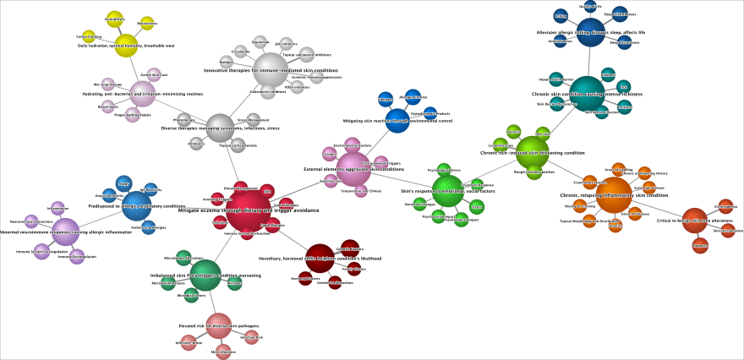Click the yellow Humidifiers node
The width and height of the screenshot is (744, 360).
[x=115, y=19]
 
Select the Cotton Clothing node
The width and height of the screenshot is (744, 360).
[x=89, y=38]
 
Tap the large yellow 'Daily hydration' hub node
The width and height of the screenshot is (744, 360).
[x=126, y=46]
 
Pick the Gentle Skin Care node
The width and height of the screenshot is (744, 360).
[x=154, y=74]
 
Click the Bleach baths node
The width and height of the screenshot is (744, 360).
[x=108, y=106]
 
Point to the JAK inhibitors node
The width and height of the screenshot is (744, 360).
[x=287, y=44]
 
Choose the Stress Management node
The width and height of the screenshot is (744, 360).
[x=260, y=120]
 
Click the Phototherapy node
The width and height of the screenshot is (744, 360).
[x=183, y=120]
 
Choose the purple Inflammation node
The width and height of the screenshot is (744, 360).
[x=58, y=207]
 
